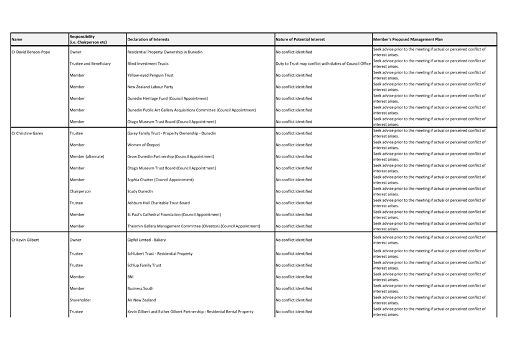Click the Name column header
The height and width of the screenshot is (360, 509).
(x=17, y=39)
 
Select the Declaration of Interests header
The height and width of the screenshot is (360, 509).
(x=148, y=39)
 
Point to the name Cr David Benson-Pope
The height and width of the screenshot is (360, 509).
(x=31, y=52)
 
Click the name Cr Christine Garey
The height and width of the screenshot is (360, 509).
(x=27, y=133)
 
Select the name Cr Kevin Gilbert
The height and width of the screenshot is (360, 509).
(x=26, y=240)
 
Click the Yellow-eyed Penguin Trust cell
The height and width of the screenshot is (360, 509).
(x=150, y=75)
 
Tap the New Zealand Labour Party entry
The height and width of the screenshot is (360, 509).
(x=150, y=87)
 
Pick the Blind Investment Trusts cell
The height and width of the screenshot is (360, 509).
(x=148, y=64)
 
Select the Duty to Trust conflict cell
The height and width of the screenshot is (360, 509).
(x=323, y=64)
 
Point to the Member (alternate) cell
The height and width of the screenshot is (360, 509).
(x=87, y=156)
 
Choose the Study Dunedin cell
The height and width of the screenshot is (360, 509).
(x=140, y=191)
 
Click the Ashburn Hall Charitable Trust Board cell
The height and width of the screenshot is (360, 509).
(x=158, y=203)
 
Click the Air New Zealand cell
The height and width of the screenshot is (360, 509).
(x=141, y=300)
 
